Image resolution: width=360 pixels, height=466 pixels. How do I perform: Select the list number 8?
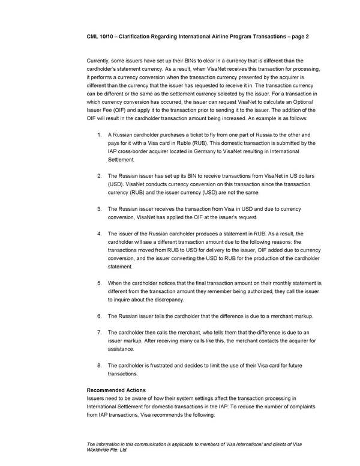(99, 365)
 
